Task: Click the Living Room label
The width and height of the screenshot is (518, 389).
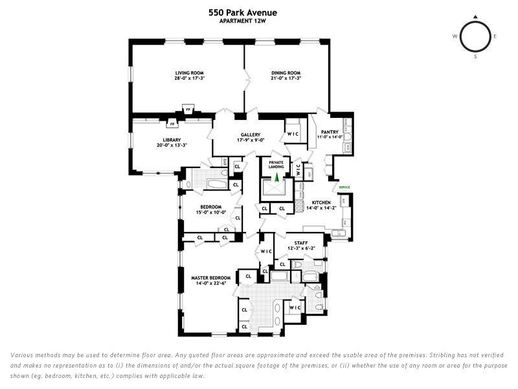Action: coord(188,73)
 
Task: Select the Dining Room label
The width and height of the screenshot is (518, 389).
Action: coord(286,73)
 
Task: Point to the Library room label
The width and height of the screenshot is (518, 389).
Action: coord(172,140)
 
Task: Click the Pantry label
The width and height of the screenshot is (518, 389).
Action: coord(330,132)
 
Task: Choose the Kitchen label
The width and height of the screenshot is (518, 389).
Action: coord(321,203)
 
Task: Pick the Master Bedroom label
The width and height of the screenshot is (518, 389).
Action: coord(210,278)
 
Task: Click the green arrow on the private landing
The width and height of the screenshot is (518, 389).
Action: coord(276,176)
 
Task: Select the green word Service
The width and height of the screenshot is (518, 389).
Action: coord(344,187)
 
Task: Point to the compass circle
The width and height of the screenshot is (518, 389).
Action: coord(475,36)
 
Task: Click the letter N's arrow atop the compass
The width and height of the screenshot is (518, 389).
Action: coord(475,18)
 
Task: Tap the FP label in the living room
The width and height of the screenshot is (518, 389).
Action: coord(188,110)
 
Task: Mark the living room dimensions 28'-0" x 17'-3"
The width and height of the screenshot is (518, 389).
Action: coord(189,78)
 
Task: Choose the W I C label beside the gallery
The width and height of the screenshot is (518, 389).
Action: coord(293,134)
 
